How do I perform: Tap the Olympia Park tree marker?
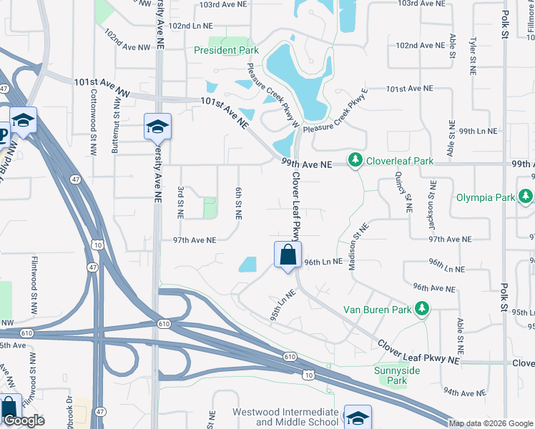(x=526, y=196)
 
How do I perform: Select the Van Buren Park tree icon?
(x=423, y=309)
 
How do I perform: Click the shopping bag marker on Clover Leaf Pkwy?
(x=288, y=255)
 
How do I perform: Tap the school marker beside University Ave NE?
(x=157, y=127)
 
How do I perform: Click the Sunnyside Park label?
(x=396, y=375)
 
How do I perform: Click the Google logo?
(x=24, y=420)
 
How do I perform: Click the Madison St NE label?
(x=358, y=247)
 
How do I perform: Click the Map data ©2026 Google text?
(x=491, y=423)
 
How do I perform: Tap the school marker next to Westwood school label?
(x=358, y=418)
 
